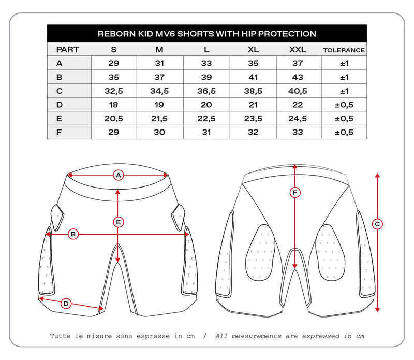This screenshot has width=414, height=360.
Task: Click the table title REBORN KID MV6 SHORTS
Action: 207,34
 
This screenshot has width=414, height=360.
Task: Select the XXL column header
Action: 299,50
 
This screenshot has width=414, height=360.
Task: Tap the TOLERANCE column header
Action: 344,50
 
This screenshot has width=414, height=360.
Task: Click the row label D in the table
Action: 60,105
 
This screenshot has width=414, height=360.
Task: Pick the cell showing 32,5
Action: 114,91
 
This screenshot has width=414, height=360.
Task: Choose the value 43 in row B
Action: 299,77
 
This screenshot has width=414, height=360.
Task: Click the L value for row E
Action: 206,119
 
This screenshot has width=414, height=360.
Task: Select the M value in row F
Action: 159,132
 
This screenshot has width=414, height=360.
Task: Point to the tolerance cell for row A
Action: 344,63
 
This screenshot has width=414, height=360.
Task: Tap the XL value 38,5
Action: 253,91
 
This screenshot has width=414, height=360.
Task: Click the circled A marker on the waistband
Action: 119,175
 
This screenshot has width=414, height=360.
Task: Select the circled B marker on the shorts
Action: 73,234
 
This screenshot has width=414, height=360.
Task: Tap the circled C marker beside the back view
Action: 377,224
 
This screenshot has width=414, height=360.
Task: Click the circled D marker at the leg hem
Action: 66,304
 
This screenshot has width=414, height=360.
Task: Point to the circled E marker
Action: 119,222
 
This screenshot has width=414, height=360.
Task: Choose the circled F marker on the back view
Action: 294,193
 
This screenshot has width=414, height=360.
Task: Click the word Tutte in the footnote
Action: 61,336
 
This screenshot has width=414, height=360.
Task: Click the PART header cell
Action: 67,50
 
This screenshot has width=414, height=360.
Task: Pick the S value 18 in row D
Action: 114,105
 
